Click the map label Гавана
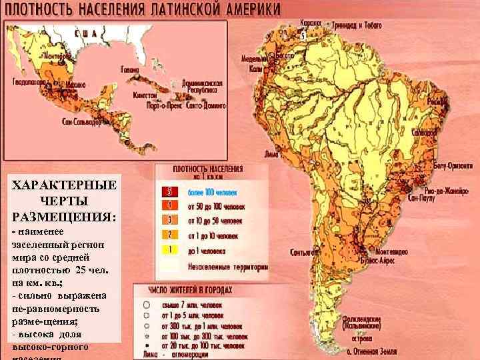click(129, 69)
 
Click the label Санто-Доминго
click(207, 105)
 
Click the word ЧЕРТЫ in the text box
click(64, 201)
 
